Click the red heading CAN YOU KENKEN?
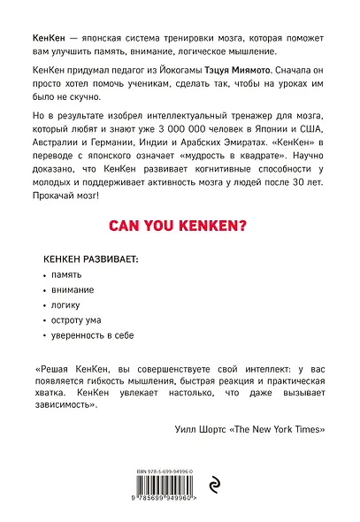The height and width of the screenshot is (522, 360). [179, 226]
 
